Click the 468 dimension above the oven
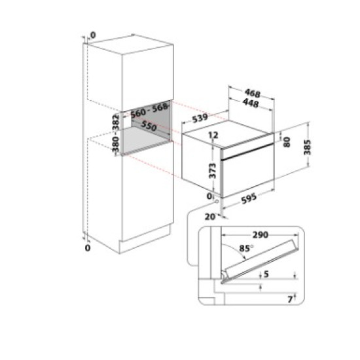point(250,94)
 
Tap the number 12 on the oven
point(213,134)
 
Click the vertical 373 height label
point(213,171)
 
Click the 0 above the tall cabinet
point(92,35)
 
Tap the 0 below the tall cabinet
point(88,248)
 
